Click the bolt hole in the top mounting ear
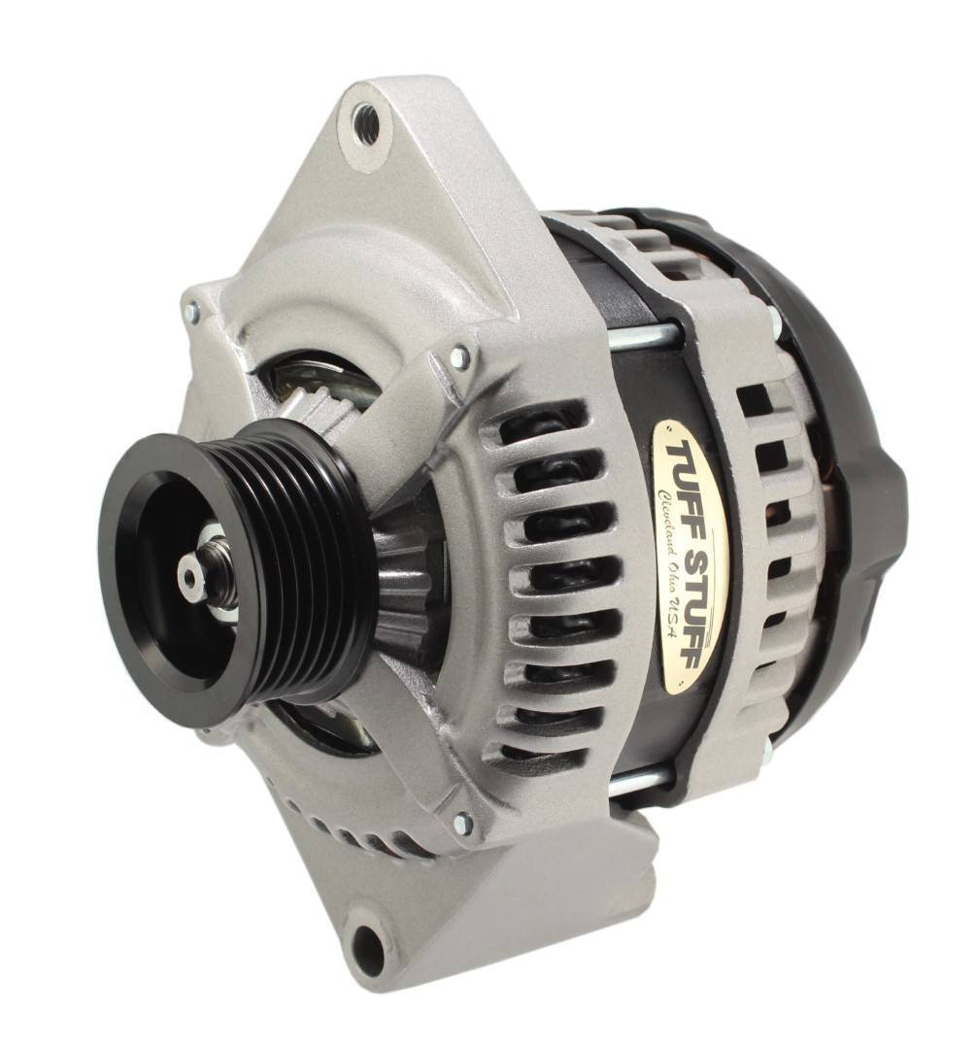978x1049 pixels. pos(366,123)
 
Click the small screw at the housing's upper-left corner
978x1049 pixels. pos(192,312)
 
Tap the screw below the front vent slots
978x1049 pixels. pos(463,825)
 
